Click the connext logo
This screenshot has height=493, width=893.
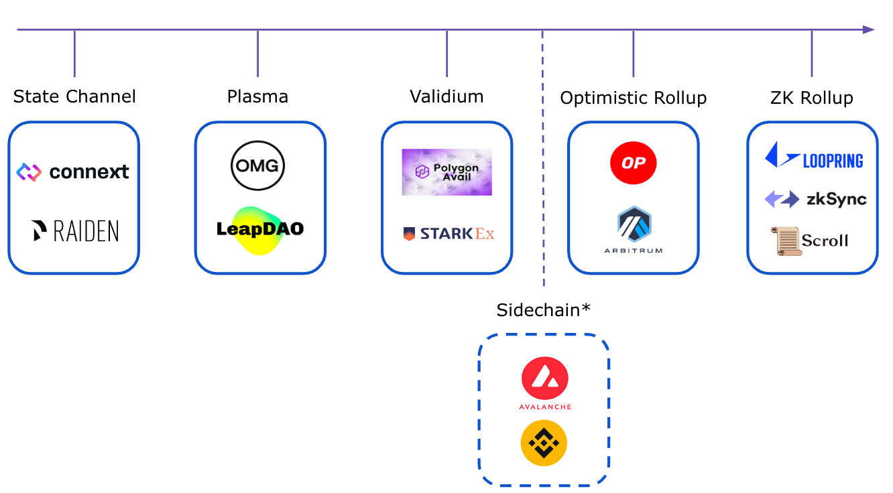click(x=72, y=172)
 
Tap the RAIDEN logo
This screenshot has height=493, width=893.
click(x=75, y=231)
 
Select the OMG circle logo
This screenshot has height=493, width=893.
click(x=257, y=165)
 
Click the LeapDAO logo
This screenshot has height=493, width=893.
click(x=260, y=230)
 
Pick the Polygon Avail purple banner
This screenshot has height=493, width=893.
click(x=446, y=172)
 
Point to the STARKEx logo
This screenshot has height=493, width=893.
click(x=449, y=234)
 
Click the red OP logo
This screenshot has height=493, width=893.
click(x=633, y=163)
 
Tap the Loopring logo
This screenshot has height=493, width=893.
click(x=814, y=155)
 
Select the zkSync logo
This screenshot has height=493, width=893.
click(x=815, y=199)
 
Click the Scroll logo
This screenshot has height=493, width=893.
click(x=809, y=240)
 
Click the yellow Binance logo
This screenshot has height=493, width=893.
click(x=544, y=443)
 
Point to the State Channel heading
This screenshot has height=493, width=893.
click(x=74, y=96)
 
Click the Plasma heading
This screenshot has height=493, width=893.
click(x=257, y=96)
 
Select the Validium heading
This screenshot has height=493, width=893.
click(x=446, y=96)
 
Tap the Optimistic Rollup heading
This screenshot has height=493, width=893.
click(x=633, y=98)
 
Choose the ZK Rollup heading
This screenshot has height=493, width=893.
click(x=812, y=98)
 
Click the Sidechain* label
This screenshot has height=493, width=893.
click(x=544, y=310)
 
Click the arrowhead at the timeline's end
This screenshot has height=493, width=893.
click(x=869, y=29)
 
